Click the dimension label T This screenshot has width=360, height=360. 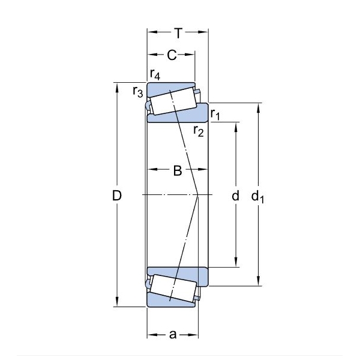pyautogui.click(x=178, y=33)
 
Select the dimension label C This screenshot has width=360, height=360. pyautogui.click(x=172, y=55)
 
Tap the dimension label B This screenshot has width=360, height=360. pyautogui.click(x=178, y=170)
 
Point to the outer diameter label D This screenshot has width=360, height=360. pyautogui.click(x=117, y=196)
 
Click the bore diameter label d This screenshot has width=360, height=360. pyautogui.click(x=236, y=196)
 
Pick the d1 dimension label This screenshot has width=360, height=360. pyautogui.click(x=258, y=197)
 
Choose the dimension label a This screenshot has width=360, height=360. pyautogui.click(x=173, y=335)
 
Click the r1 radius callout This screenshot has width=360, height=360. pyautogui.click(x=215, y=114)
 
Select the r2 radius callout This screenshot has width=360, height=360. pyautogui.click(x=199, y=131)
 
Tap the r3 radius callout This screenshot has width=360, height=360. pyautogui.click(x=138, y=91)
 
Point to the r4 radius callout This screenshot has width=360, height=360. pyautogui.click(x=155, y=74)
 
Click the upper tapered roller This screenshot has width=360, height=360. pyautogui.click(x=173, y=101)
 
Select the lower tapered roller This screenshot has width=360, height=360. pyautogui.click(x=173, y=288)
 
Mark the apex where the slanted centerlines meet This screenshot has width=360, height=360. pyautogui.click(x=198, y=195)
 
